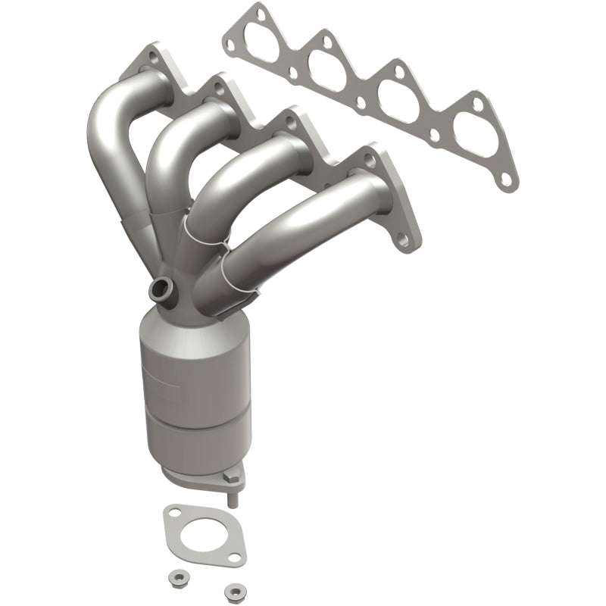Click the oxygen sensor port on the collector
161,288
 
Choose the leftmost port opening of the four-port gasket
274,43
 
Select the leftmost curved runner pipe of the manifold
106,151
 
